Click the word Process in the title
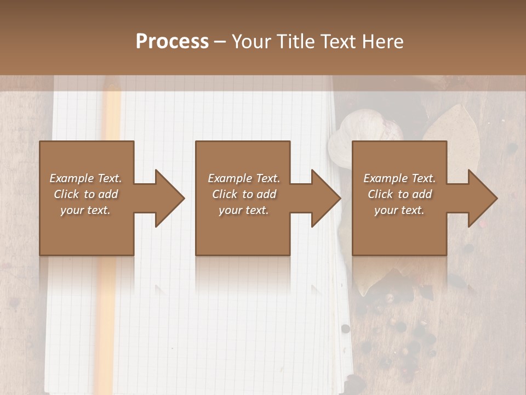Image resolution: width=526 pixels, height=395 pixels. pyautogui.click(x=172, y=41)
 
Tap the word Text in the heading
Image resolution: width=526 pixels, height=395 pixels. pyautogui.click(x=335, y=41)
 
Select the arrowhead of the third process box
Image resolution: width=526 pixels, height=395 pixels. pyautogui.click(x=482, y=198)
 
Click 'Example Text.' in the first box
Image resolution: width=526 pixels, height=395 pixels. pyautogui.click(x=85, y=178)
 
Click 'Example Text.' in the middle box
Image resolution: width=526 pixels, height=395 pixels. pyautogui.click(x=243, y=178)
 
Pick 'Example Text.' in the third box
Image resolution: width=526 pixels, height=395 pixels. pyautogui.click(x=399, y=178)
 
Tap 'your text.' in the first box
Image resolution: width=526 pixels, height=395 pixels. pyautogui.click(x=85, y=210)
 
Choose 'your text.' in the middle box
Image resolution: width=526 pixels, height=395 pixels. pyautogui.click(x=243, y=210)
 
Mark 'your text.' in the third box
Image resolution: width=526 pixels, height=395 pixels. pyautogui.click(x=399, y=210)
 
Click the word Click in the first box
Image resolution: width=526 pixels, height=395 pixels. pyautogui.click(x=66, y=194)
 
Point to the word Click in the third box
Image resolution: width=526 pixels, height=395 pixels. pyautogui.click(x=380, y=194)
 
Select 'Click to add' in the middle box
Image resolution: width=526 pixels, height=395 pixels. pyautogui.click(x=244, y=194)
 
